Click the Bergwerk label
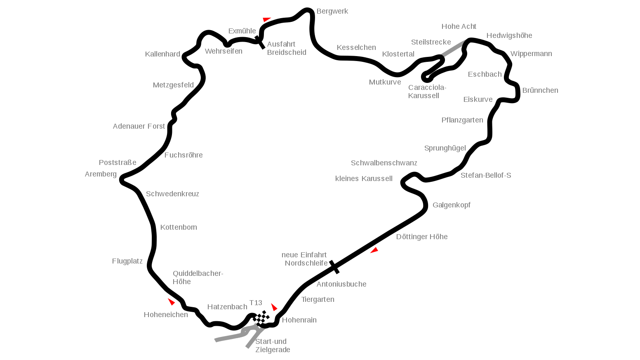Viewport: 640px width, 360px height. pos(332,12)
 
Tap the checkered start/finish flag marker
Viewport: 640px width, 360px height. pos(261,318)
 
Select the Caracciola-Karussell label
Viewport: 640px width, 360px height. pos(427,92)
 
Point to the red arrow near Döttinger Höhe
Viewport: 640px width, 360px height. pos(374,250)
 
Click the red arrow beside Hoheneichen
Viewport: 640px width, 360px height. pos(172,301)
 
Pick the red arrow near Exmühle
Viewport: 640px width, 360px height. pos(266,19)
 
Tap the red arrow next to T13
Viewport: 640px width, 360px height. pos(274,307)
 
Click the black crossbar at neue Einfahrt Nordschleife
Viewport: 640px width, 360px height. pos(334,267)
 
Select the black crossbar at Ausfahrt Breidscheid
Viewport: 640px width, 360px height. pos(260,42)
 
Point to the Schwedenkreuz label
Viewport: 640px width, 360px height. pos(172,194)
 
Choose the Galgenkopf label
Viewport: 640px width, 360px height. pos(452,205)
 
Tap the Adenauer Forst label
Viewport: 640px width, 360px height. pos(139,126)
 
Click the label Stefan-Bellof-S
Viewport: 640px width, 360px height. pos(486,175)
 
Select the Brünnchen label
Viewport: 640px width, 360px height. pos(540,90)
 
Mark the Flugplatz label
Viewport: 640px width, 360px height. pos(127,261)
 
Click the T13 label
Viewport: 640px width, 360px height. pos(256,303)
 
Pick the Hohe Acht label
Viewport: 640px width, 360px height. pos(459,26)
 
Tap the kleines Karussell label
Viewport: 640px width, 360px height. pos(364,179)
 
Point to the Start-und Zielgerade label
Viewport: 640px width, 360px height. pos(273,346)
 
